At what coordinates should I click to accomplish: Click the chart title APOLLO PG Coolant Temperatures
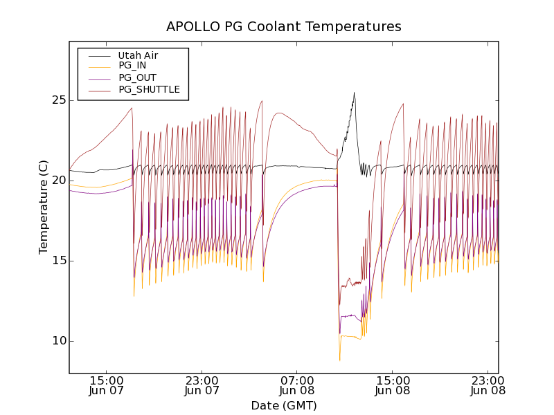click(283, 27)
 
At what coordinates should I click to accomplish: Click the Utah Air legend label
click(138, 55)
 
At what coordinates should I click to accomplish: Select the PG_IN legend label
click(133, 66)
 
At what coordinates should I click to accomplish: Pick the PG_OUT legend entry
click(137, 77)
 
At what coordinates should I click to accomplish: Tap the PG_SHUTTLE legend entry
click(149, 89)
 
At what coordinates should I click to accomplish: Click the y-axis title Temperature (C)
click(44, 207)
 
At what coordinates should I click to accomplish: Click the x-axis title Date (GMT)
click(283, 405)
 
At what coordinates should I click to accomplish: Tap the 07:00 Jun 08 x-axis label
click(297, 385)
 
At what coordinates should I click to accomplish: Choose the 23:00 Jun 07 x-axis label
click(202, 385)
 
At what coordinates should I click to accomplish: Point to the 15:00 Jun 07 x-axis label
click(107, 385)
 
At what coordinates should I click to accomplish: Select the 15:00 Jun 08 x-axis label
click(393, 385)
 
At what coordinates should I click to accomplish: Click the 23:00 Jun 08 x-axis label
click(488, 385)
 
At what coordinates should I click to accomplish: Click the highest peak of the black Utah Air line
click(354, 93)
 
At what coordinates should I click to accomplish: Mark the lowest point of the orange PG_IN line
click(339, 360)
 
